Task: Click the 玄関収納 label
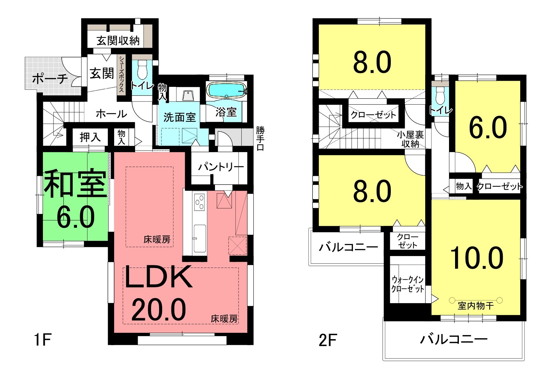118,41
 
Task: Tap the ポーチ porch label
50,78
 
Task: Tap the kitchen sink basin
200,238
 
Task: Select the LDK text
159,277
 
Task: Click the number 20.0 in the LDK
158,310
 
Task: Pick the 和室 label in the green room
75,184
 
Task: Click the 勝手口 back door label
260,139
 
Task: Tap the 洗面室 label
179,117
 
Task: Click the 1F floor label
42,340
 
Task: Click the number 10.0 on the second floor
477,258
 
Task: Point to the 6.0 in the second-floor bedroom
488,128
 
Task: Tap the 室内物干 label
476,306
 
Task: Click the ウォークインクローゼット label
408,284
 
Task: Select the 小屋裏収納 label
410,139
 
